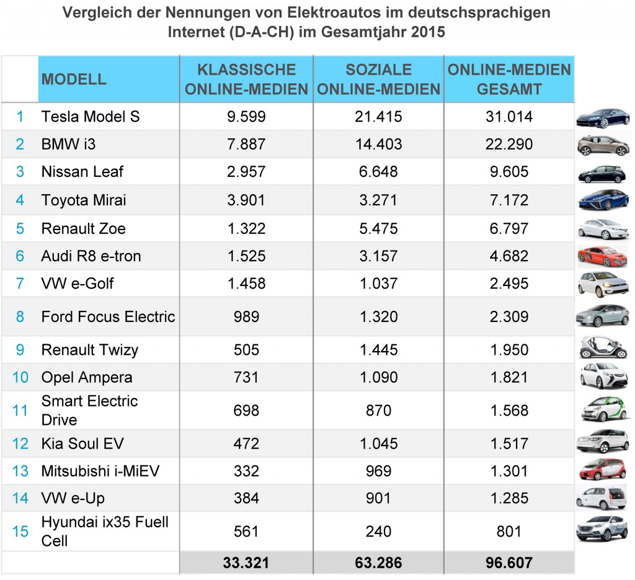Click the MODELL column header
[x=74, y=79]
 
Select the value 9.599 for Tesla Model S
[x=246, y=117]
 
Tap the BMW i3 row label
[x=68, y=145]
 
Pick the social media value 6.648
[x=378, y=172]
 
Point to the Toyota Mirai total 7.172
[x=508, y=200]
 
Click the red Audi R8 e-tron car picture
[x=602, y=256]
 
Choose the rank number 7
[x=20, y=284]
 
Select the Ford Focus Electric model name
[x=108, y=317]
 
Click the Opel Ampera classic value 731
[x=246, y=378]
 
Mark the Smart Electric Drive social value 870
[x=378, y=411]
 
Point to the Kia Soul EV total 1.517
[x=508, y=444]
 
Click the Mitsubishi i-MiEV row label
[x=100, y=471]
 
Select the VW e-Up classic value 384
[x=246, y=498]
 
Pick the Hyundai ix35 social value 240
[x=378, y=532]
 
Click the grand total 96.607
[x=508, y=563]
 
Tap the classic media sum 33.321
[x=246, y=563]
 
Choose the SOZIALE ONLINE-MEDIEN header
[x=378, y=79]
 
